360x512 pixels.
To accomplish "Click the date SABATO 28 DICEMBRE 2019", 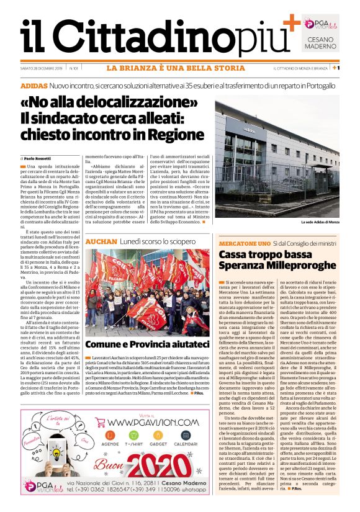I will tap(42, 68).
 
